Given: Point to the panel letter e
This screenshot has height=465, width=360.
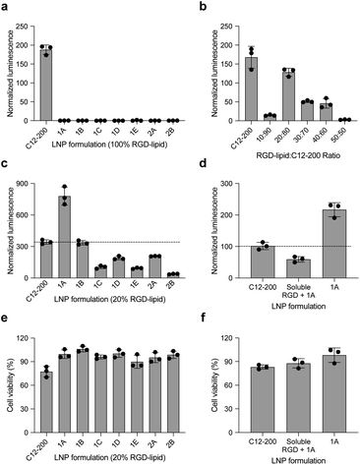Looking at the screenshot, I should coord(7,313).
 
